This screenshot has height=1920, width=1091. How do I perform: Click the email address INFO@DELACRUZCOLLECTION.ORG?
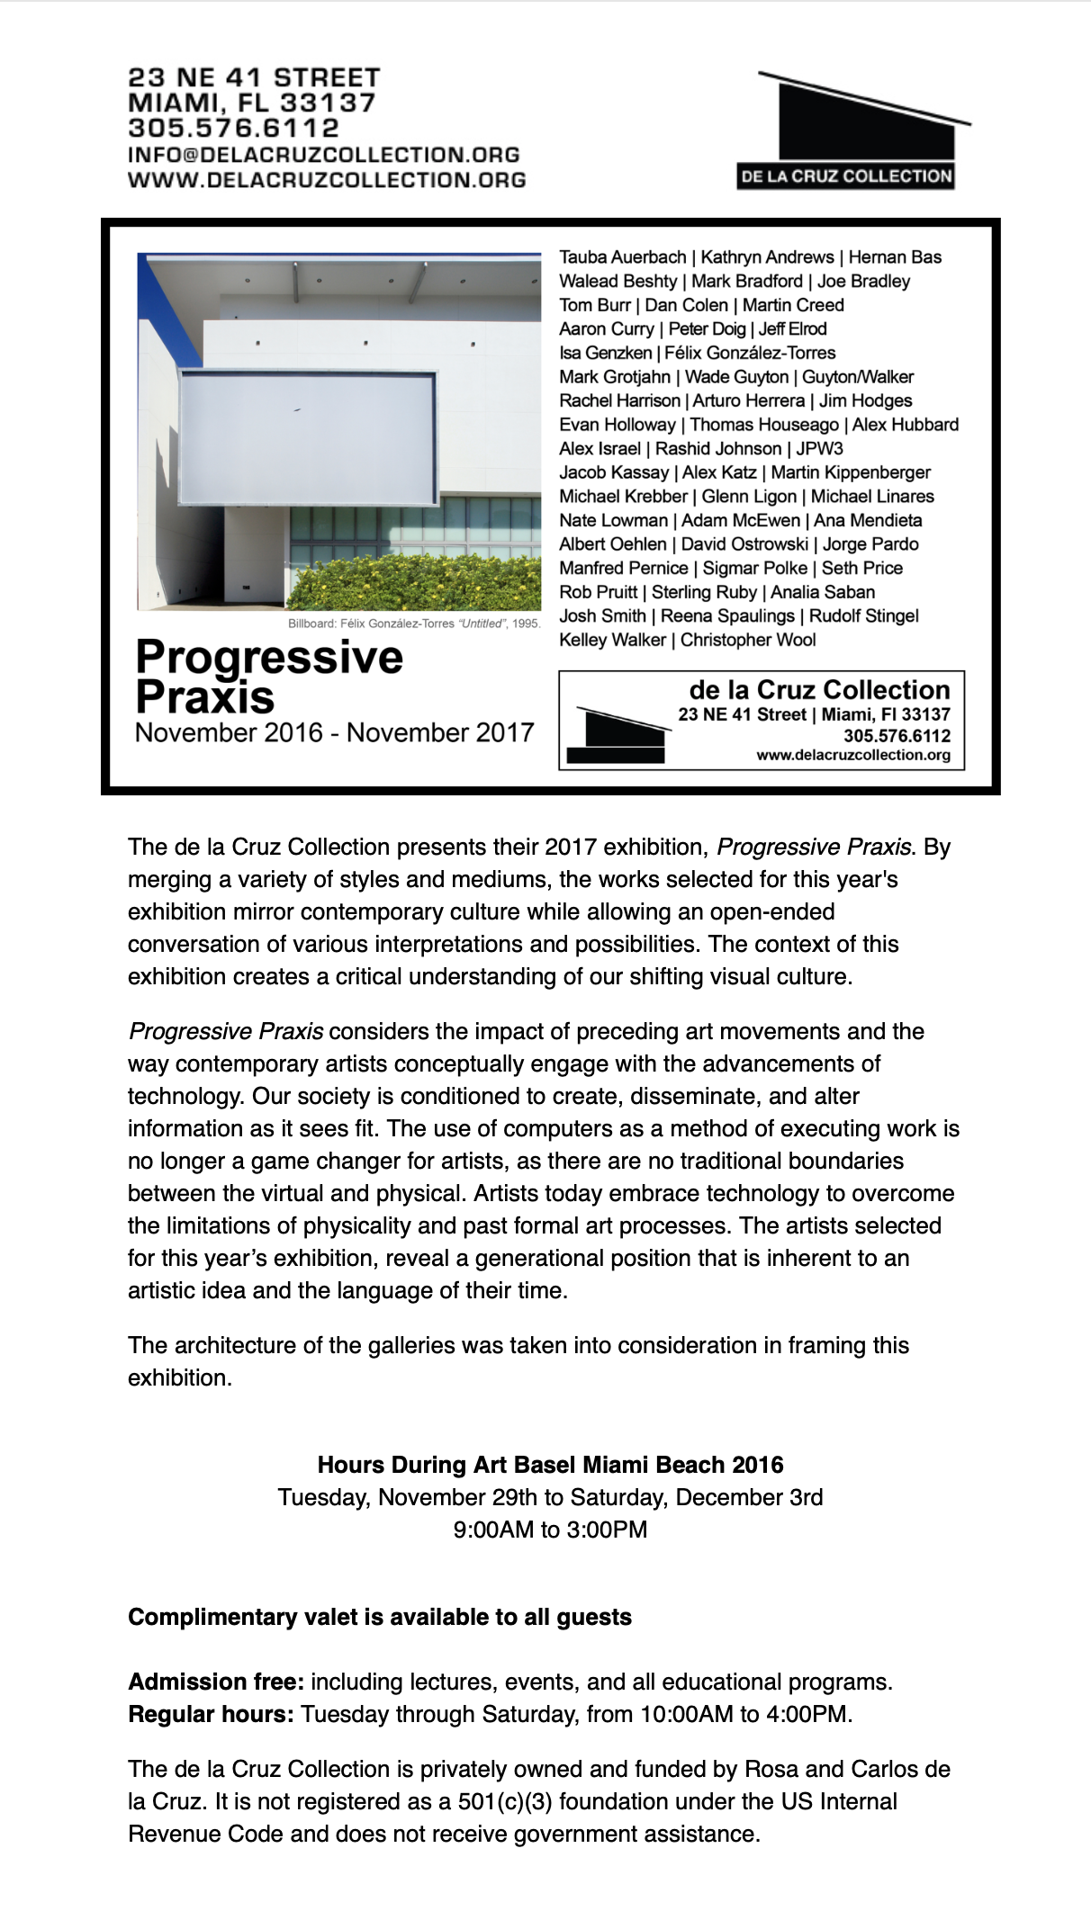coord(323,155)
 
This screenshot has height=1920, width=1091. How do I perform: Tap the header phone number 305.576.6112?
coord(233,129)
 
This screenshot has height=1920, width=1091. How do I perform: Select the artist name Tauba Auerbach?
coord(622,257)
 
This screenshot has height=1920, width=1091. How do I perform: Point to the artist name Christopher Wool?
coord(748,640)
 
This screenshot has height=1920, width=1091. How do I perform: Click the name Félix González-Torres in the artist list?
coord(750,353)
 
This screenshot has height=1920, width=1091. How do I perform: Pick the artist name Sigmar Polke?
coord(754,568)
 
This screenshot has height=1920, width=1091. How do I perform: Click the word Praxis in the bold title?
coord(204,697)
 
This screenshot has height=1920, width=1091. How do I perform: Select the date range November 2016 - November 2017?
coord(334,732)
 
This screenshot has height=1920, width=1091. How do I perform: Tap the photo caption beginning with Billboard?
coord(413,624)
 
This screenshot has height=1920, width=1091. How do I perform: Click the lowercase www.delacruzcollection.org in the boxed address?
coord(852,755)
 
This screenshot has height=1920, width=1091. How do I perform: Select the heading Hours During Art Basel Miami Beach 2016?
coord(550,1465)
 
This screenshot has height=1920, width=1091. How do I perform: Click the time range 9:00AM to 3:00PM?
coord(550,1530)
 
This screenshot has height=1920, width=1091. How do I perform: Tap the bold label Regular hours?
coord(211,1714)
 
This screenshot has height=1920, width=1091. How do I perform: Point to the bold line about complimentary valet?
coord(379,1617)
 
